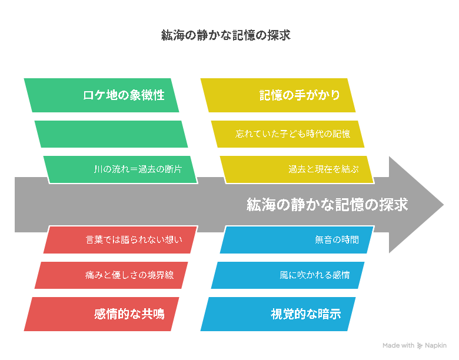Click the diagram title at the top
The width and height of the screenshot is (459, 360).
[226, 35]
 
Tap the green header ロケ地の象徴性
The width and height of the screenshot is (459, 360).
[124, 95]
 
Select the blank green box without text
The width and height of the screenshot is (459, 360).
[111, 134]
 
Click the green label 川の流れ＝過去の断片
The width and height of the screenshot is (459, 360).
[138, 169]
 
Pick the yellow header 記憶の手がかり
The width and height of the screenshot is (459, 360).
[300, 95]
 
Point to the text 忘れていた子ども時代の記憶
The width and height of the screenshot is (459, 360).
[292, 134]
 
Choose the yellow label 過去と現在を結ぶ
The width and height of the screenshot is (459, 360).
[324, 169]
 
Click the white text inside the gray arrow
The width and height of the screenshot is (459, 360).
[327, 205]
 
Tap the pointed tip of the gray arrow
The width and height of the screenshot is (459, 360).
[444, 205]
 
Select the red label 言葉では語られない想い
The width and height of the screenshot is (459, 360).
[134, 240]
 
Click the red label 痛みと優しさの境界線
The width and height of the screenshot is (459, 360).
[129, 275]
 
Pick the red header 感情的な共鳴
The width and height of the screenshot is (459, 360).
[129, 314]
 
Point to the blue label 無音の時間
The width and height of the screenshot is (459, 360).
[337, 240]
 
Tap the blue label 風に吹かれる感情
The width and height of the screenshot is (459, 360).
[315, 275]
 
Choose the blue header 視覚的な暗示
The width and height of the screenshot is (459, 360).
[306, 314]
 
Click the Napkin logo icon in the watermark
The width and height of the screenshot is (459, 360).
[420, 346]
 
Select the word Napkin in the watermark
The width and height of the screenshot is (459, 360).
[436, 346]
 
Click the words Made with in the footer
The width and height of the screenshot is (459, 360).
[398, 346]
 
